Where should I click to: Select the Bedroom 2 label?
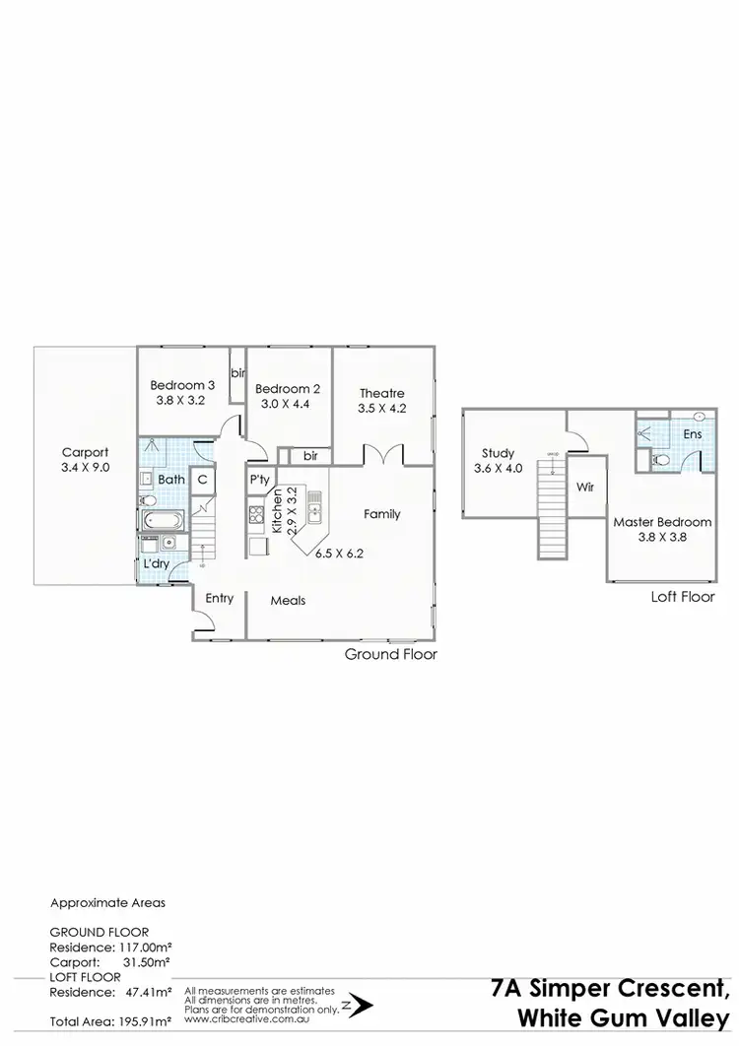coord(288,387)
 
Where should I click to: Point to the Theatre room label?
coord(382,393)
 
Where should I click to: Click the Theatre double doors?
coord(381,455)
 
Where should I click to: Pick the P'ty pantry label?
coord(260,480)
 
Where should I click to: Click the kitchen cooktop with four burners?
coord(255,512)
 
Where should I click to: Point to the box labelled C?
coord(202,479)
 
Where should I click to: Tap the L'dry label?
coord(156,565)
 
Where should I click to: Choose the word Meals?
coord(289,600)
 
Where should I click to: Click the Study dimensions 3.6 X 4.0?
coord(499,468)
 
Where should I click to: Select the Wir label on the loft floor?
coord(585,486)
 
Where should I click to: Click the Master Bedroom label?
coord(662,522)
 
